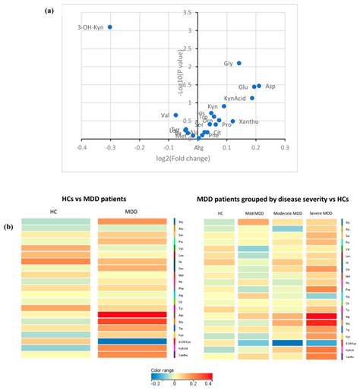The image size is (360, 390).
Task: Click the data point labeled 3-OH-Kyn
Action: pos(109,27)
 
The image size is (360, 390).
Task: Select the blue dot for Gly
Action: pos(239,64)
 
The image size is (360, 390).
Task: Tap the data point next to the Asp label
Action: pos(259,86)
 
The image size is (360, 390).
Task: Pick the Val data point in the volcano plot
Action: pos(175,115)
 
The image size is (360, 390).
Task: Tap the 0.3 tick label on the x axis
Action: pos(284,147)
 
